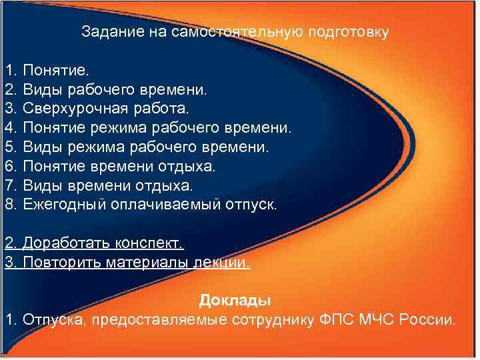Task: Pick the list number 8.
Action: [9, 204]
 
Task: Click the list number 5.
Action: [9, 146]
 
